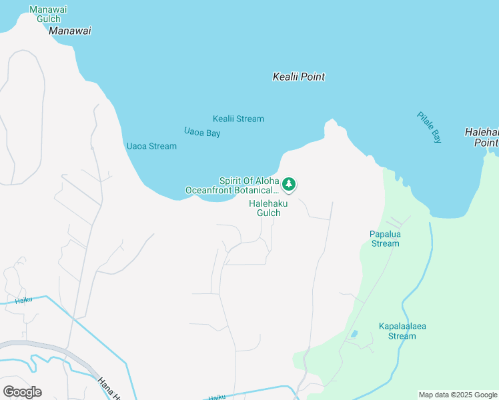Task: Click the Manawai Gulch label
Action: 49,15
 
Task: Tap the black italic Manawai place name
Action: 70,31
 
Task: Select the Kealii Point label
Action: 299,77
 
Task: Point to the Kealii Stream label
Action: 238,119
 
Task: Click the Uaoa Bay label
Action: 202,133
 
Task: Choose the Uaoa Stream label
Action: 151,146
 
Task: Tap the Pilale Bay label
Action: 429,127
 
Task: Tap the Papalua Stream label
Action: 385,239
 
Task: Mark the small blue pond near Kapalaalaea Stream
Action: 353,333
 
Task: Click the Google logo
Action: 22,391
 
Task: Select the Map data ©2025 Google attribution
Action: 458,395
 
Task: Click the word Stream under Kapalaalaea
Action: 402,336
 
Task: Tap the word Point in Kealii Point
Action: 313,77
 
